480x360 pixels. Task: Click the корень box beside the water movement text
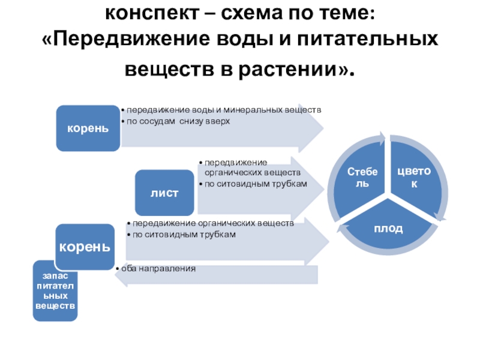pyautogui.click(x=88, y=128)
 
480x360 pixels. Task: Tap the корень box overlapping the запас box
pyautogui.click(x=85, y=247)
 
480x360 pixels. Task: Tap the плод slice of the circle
pyautogui.click(x=388, y=229)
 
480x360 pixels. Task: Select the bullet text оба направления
pyautogui.click(x=158, y=268)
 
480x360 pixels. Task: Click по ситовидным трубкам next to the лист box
pyautogui.click(x=256, y=184)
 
